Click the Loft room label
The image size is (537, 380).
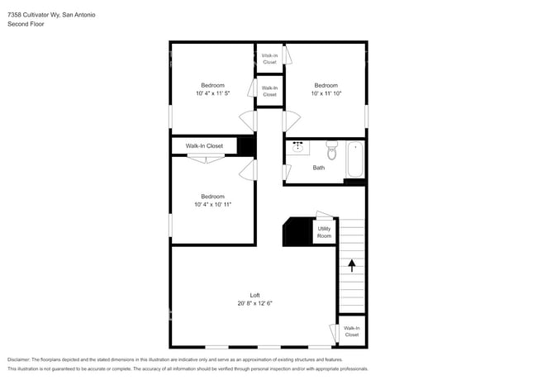[255, 295]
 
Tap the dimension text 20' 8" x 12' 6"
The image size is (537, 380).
[255, 303]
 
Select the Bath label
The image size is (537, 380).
[319, 168]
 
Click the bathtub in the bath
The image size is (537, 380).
[355, 159]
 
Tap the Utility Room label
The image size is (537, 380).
[324, 232]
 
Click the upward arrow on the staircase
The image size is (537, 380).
[352, 265]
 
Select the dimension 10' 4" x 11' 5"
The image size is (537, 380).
[212, 93]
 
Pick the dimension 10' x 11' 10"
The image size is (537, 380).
[326, 93]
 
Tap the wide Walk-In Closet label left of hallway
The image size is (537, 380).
[204, 145]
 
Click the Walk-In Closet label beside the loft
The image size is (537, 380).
[352, 331]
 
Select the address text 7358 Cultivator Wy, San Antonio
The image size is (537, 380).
[51, 14]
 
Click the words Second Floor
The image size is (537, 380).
[26, 24]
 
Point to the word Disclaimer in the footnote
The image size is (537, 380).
[18, 360]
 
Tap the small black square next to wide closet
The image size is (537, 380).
[245, 145]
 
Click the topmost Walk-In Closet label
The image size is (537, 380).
[270, 59]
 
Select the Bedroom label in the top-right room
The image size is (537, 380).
[326, 85]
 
